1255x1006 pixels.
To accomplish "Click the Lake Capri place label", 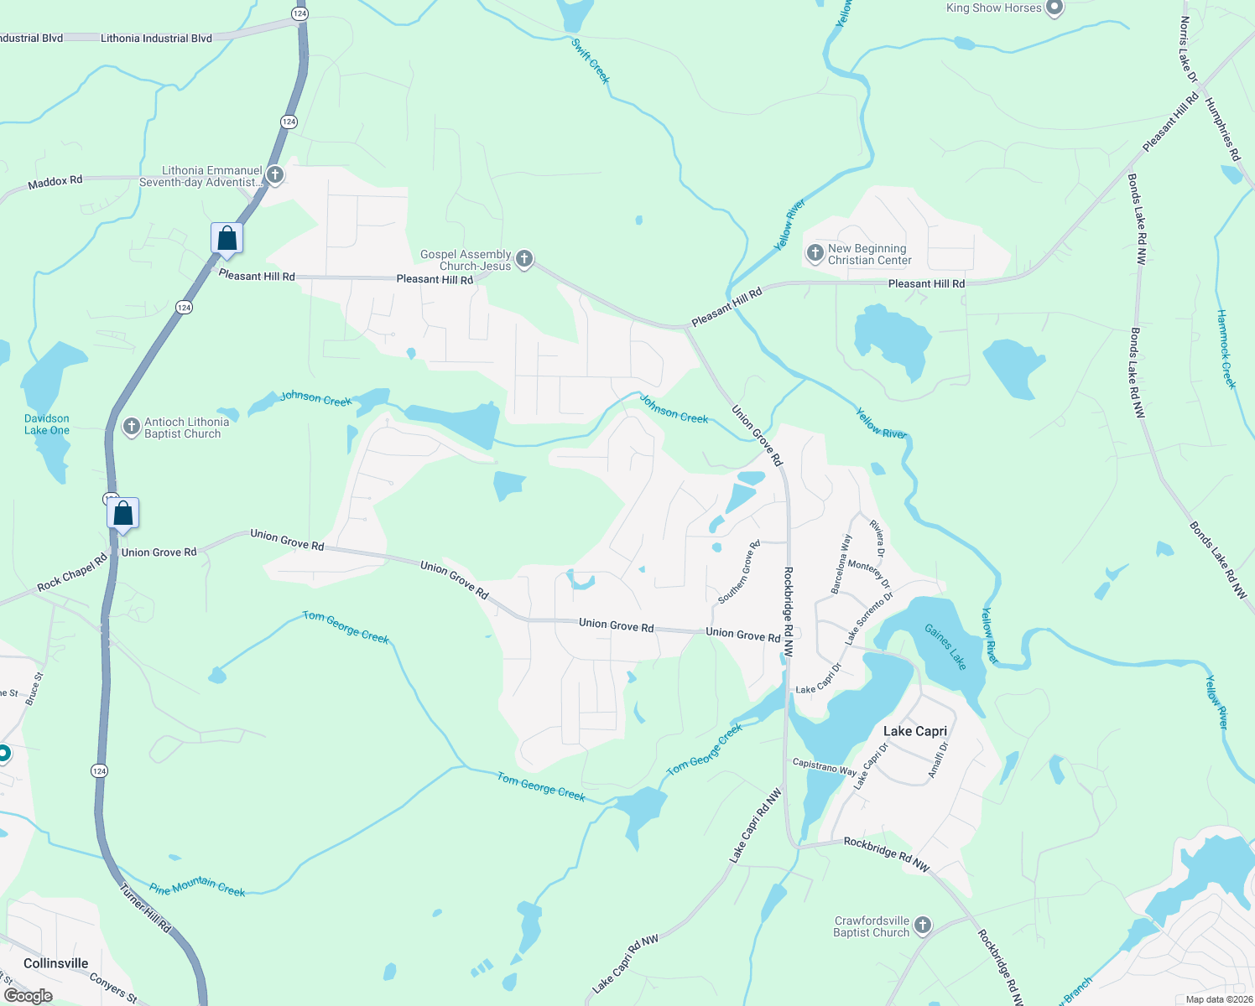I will pos(914,731).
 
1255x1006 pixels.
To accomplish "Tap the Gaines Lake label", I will pos(945,647).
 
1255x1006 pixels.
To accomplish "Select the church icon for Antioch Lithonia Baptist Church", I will pos(131,428).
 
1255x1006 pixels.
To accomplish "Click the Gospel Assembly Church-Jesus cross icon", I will pos(524,259).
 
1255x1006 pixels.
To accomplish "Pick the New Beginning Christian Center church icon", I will pos(815,253).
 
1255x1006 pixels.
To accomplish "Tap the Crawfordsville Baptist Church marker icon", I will pos(922,926).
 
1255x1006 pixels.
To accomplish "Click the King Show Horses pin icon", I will pos(1055,8).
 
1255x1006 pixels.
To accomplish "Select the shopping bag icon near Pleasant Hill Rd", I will pos(227,239).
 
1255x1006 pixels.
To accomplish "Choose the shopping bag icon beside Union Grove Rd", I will pos(122,514).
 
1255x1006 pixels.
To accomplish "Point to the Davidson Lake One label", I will pos(47,424).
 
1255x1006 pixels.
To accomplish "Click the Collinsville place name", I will pos(55,963).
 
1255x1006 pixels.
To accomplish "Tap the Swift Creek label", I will pos(591,60).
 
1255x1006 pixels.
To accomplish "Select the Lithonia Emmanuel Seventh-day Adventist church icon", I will pos(274,175).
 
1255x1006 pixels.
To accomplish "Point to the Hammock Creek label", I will pos(1226,349).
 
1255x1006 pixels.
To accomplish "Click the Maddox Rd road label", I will pos(55,182).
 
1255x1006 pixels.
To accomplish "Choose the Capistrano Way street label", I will pos(825,766).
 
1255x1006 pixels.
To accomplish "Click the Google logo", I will pos(28,996).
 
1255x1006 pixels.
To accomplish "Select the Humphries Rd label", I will pos(1222,129).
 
